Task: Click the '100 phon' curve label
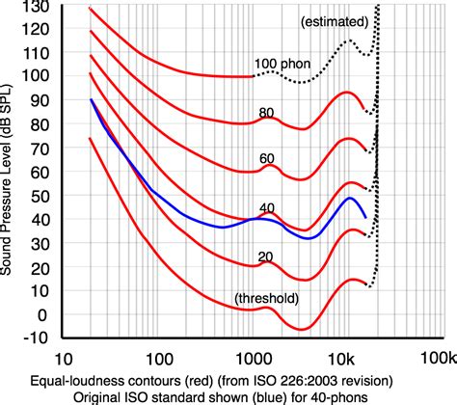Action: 283,65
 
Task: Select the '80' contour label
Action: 267,113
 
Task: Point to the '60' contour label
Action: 267,159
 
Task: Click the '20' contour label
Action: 267,255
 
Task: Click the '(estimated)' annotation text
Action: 333,20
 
